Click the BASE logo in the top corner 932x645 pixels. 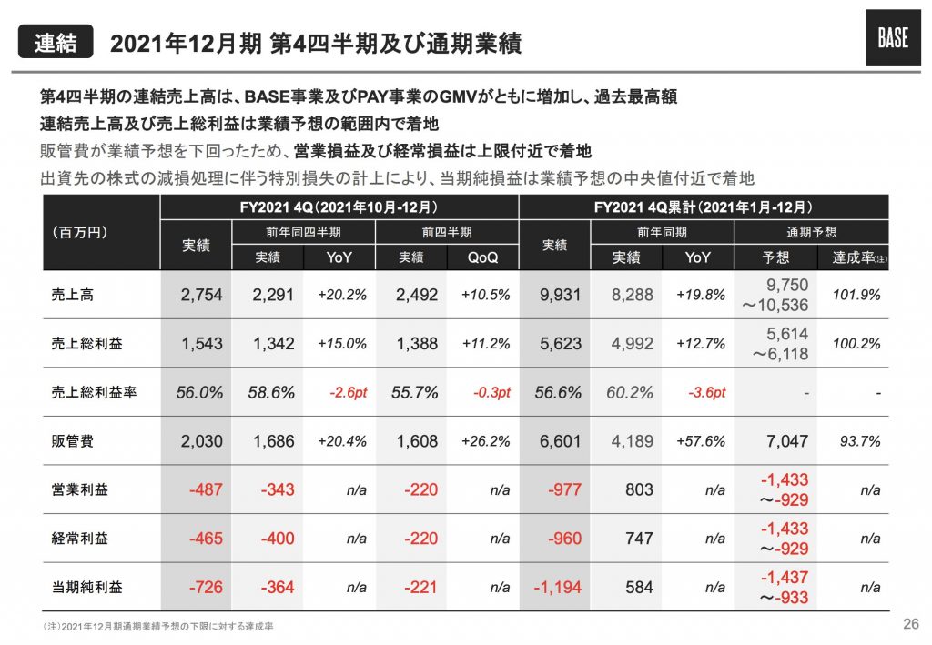892,42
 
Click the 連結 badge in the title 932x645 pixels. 56,42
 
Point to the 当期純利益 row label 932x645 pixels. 81,588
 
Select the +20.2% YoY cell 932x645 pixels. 341,295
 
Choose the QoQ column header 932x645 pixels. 482,257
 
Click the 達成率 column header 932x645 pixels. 855,257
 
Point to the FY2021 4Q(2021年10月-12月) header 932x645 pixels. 339,207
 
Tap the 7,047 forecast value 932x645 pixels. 787,441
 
